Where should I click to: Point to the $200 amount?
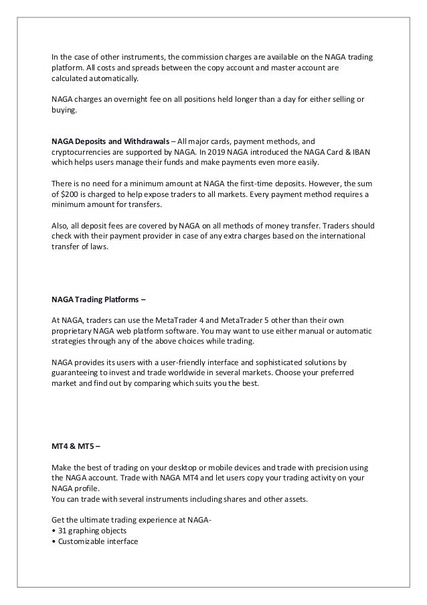(69, 194)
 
